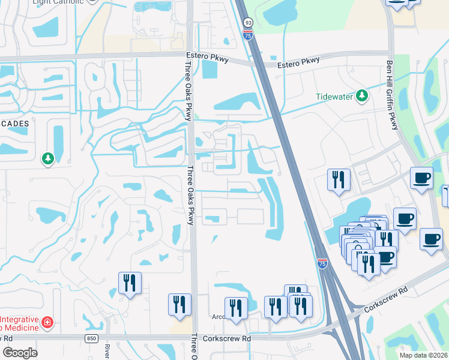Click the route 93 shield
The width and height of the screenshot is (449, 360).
(x=248, y=23)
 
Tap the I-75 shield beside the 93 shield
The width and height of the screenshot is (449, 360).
(x=248, y=36)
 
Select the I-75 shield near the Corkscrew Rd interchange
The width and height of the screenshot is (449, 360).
(x=322, y=263)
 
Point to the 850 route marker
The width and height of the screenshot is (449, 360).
(x=91, y=339)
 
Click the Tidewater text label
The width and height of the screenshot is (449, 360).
(x=334, y=97)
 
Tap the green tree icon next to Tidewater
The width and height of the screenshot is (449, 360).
(x=361, y=96)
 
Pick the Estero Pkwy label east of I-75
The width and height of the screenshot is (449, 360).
(x=298, y=62)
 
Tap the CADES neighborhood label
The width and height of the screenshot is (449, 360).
(x=14, y=123)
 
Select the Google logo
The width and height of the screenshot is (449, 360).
(x=20, y=353)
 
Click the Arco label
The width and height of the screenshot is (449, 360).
(x=217, y=317)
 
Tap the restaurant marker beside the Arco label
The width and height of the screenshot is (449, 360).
(x=236, y=308)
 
